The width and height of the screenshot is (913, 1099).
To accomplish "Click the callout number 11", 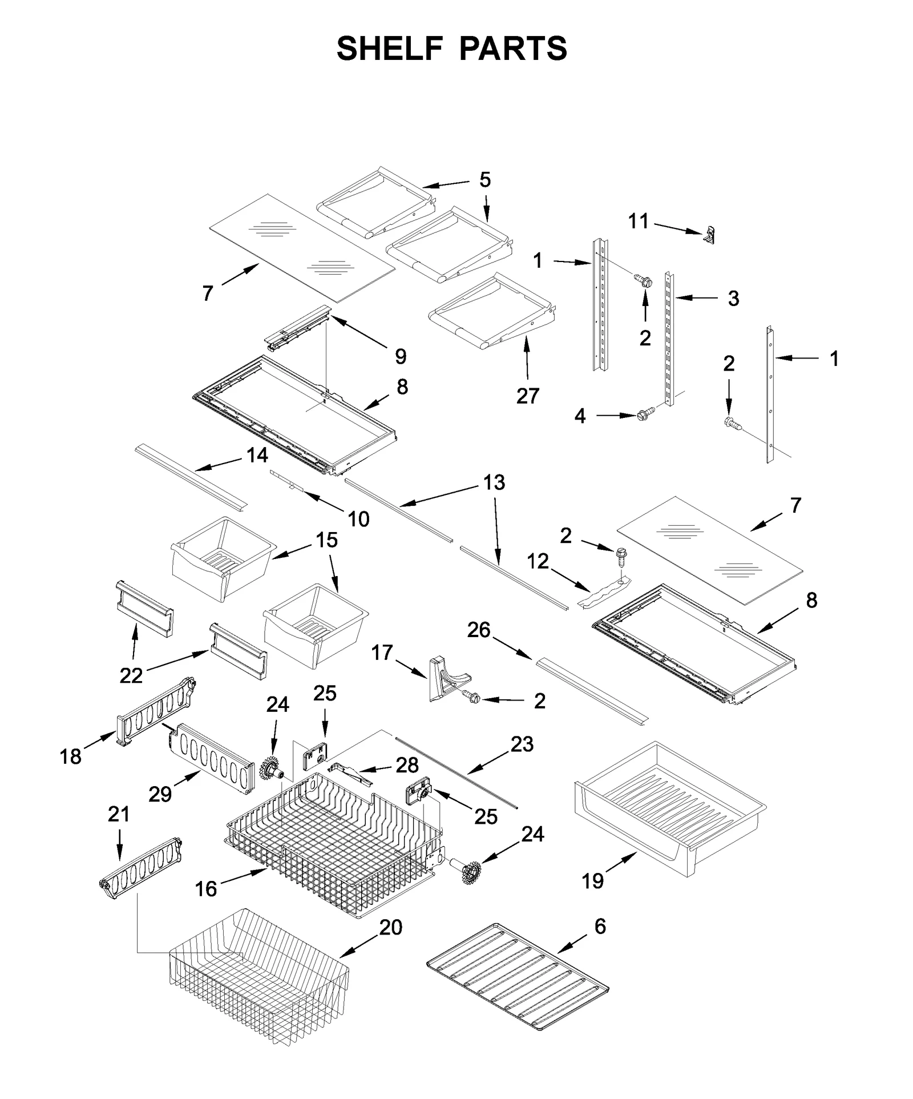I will tap(639, 221).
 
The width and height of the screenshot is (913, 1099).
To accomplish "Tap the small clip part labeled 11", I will tap(709, 234).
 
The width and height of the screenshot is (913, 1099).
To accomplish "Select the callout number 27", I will tap(528, 396).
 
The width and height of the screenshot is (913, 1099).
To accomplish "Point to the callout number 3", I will tap(733, 298).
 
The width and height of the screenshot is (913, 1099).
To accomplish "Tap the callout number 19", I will tap(592, 881).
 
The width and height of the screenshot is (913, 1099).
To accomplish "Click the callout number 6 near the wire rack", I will tap(600, 926).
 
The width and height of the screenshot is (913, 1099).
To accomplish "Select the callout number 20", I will tap(391, 927).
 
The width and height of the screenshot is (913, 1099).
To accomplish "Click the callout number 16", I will tap(206, 888).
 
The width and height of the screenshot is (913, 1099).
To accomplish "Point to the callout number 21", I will tap(119, 814).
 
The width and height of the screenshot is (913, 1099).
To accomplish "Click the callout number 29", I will tap(160, 794).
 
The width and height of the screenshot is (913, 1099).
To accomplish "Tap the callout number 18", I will tap(71, 756).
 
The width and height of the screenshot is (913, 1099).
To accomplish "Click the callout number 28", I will tap(407, 765).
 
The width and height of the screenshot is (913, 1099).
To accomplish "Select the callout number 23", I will tap(522, 744).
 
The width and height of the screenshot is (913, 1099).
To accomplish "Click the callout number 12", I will tap(538, 561).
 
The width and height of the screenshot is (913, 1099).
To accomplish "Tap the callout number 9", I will tap(401, 356).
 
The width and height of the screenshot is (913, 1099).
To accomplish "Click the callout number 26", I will tap(479, 630).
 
